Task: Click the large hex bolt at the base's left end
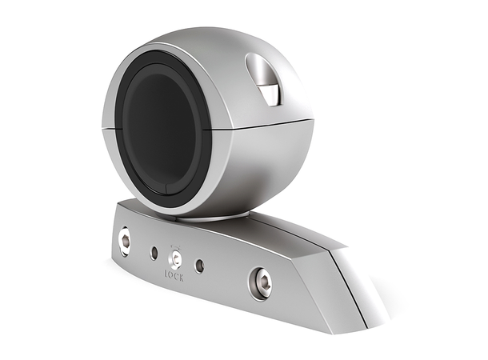pyautogui.click(x=125, y=240)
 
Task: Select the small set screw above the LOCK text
pyautogui.click(x=174, y=259)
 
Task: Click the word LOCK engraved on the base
pyautogui.click(x=174, y=277)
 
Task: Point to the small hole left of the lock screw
pyautogui.click(x=154, y=253)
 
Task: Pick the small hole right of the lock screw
pyautogui.click(x=199, y=266)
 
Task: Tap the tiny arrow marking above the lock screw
pyautogui.click(x=174, y=247)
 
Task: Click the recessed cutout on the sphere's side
pyautogui.click(x=264, y=78)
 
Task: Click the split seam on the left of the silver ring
pyautogui.click(x=106, y=128)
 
